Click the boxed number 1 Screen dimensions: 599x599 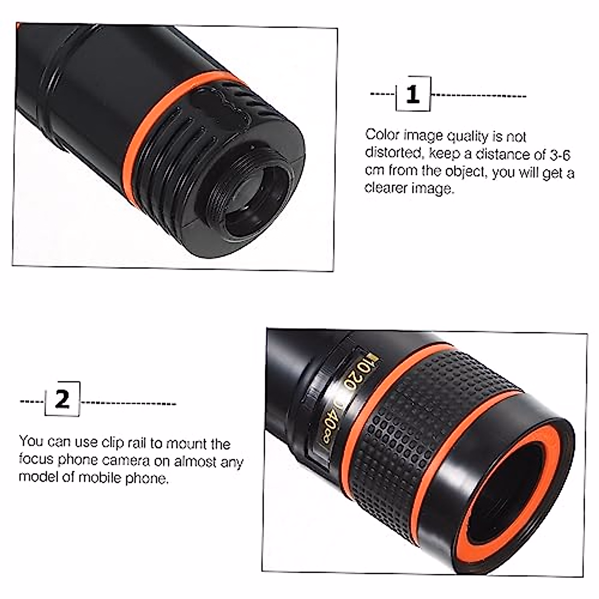pos(412,94)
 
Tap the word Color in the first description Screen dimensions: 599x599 pos(382,135)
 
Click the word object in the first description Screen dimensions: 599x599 pos(465,171)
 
